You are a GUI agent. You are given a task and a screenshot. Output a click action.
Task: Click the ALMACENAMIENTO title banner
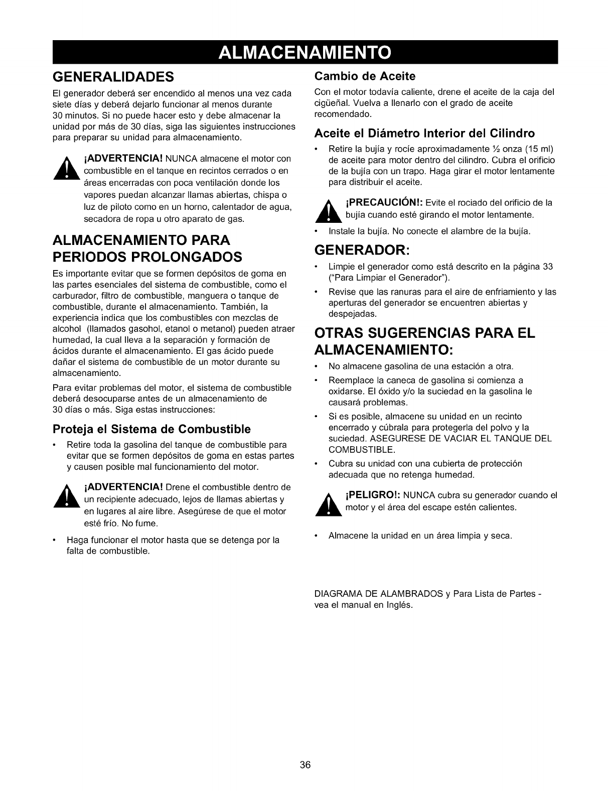pyautogui.click(x=305, y=52)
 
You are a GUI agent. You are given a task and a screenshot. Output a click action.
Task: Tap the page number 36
pyautogui.click(x=306, y=764)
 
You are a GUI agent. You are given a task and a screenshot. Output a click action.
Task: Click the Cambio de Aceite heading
pyautogui.click(x=365, y=76)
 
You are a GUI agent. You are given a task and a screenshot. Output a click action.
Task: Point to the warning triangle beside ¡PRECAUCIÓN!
pyautogui.click(x=328, y=209)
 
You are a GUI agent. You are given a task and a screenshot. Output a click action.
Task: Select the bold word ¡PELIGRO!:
pyautogui.click(x=372, y=495)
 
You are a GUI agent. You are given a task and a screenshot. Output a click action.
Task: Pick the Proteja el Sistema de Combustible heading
pyautogui.click(x=151, y=429)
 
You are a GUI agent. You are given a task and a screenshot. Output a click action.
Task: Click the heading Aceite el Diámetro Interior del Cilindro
pyautogui.click(x=424, y=133)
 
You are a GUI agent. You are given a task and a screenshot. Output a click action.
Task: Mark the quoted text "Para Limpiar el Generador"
pyautogui.click(x=387, y=278)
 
